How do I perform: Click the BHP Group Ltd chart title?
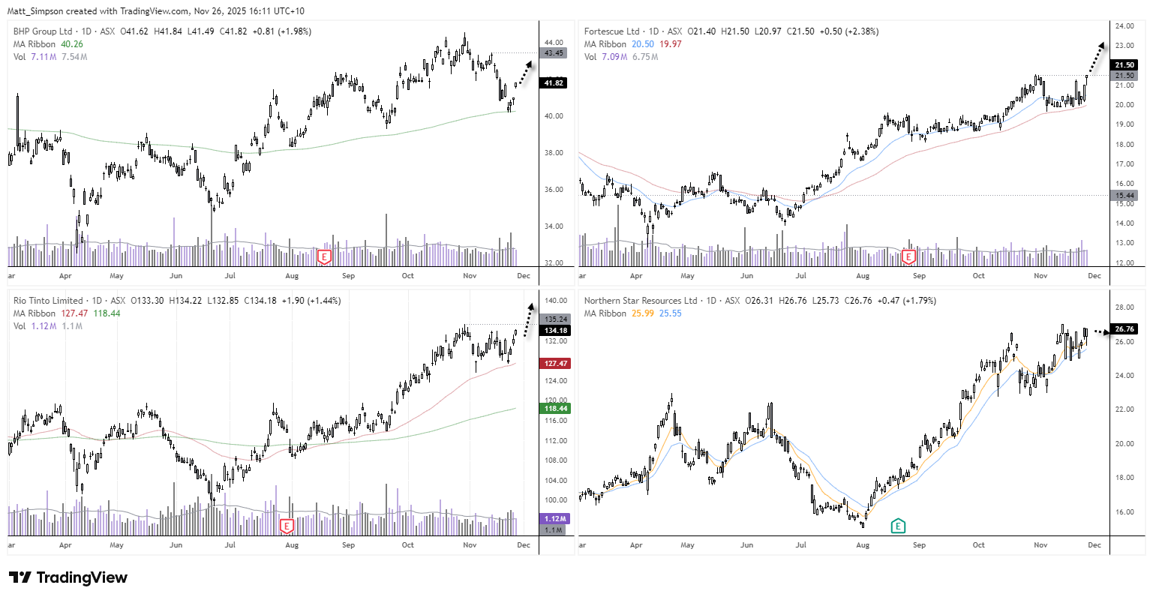pyautogui.click(x=43, y=31)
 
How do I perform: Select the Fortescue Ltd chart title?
pyautogui.click(x=611, y=31)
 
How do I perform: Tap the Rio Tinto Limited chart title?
pyautogui.click(x=48, y=301)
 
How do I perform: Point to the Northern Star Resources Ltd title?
pyautogui.click(x=641, y=301)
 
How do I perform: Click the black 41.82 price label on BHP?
pyautogui.click(x=554, y=82)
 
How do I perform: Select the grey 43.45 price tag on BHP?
pyautogui.click(x=554, y=53)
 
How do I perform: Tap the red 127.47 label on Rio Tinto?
pyautogui.click(x=555, y=364)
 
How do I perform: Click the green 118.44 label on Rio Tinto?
pyautogui.click(x=555, y=409)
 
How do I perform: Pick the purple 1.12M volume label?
pyautogui.click(x=555, y=519)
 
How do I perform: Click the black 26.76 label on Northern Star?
pyautogui.click(x=1124, y=328)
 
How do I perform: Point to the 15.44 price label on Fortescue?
pyautogui.click(x=1124, y=196)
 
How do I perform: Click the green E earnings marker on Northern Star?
pyautogui.click(x=897, y=526)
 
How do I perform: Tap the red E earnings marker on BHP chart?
pyautogui.click(x=324, y=257)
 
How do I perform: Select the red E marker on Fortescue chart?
pyautogui.click(x=908, y=257)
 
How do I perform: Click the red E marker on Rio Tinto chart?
pyautogui.click(x=287, y=526)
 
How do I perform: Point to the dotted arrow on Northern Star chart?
pyautogui.click(x=1098, y=331)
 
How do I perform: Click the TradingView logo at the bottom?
pyautogui.click(x=68, y=577)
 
